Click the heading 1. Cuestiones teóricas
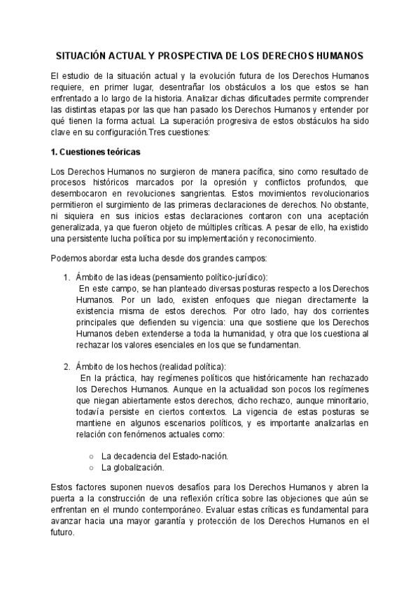click(x=96, y=151)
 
